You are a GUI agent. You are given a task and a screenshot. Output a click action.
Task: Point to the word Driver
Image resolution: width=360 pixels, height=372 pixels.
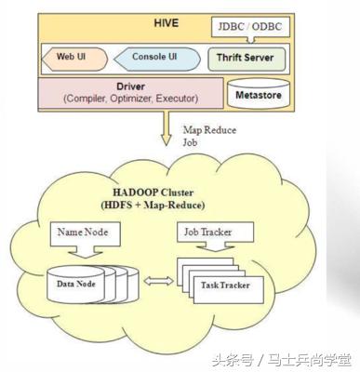[127, 86]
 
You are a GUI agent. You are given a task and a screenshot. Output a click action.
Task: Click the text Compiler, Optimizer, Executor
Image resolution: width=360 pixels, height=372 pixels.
[127, 98]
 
